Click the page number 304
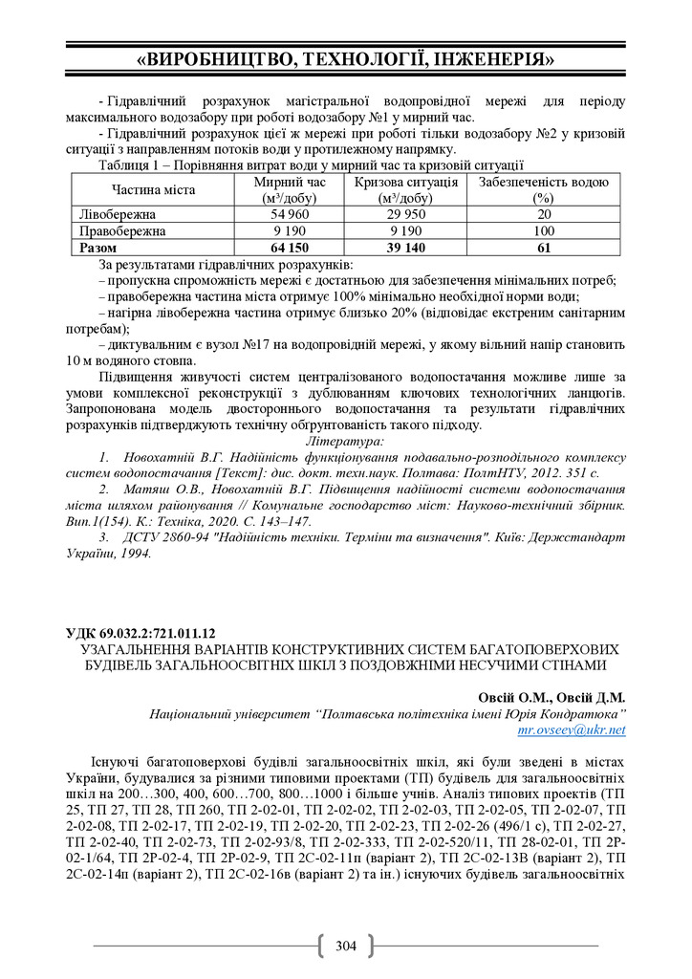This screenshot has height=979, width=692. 345,946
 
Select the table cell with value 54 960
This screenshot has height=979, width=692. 291,215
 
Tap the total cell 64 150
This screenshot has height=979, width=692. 291,247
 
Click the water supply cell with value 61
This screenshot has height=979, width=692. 543,247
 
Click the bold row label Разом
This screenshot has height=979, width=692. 98,247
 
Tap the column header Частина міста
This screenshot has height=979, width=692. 153,189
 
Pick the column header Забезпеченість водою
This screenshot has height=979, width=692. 543,182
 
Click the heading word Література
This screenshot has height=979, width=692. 345,442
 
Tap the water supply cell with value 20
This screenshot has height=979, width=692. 543,215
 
